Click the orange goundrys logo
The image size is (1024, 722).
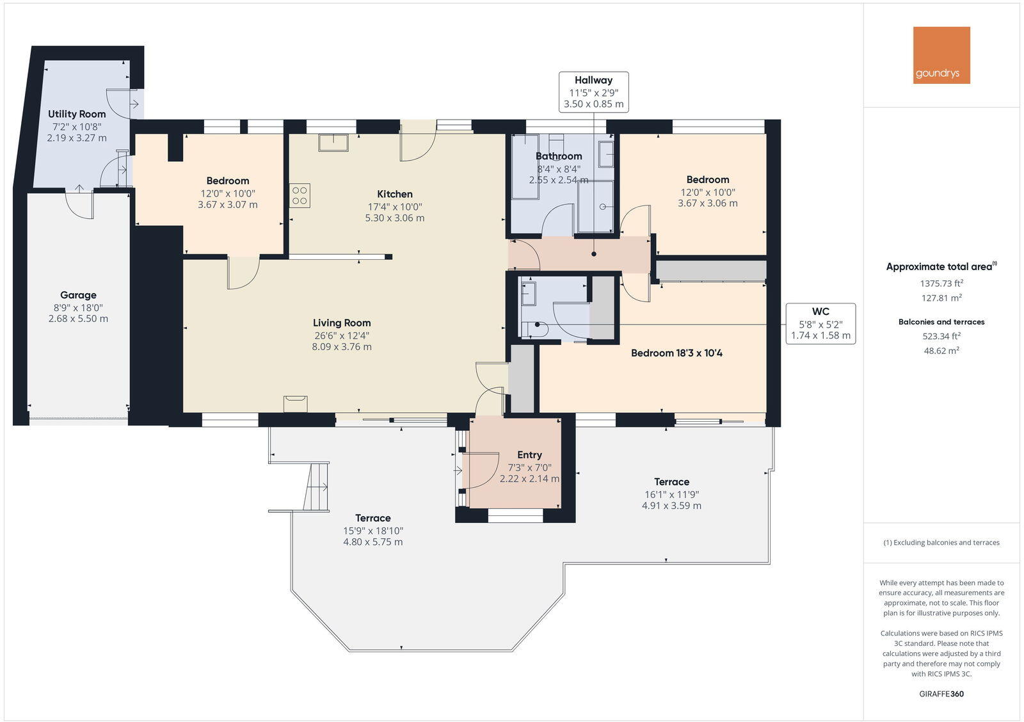pyautogui.click(x=941, y=55)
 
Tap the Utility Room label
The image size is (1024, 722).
pyautogui.click(x=77, y=114)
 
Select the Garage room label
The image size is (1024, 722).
pyautogui.click(x=78, y=295)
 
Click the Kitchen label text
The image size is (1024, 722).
pyautogui.click(x=395, y=194)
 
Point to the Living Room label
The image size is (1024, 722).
pyautogui.click(x=342, y=323)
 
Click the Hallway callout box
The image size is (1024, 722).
pyautogui.click(x=593, y=92)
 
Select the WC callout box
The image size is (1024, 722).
pyautogui.click(x=820, y=323)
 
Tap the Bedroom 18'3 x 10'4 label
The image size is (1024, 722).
pyautogui.click(x=676, y=353)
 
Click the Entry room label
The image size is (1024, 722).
pyautogui.click(x=529, y=455)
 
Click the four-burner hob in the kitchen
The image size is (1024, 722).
pyautogui.click(x=300, y=195)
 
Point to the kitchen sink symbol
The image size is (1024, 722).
pyautogui.click(x=333, y=142)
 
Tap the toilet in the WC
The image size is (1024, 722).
pyautogui.click(x=534, y=329)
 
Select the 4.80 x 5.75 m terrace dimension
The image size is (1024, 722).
pyautogui.click(x=372, y=542)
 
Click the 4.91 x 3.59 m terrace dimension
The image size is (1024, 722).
pyautogui.click(x=671, y=506)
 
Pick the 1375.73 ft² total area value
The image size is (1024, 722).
pyautogui.click(x=941, y=283)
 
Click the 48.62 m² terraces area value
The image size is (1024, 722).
pyautogui.click(x=941, y=351)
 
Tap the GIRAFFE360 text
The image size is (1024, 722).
pyautogui.click(x=941, y=694)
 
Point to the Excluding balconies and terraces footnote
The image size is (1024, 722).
pyautogui.click(x=941, y=543)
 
